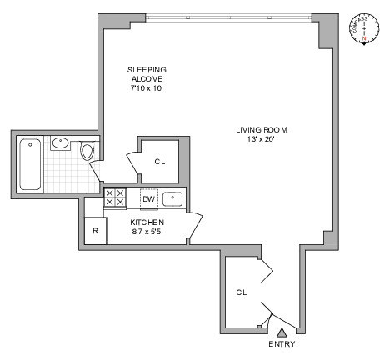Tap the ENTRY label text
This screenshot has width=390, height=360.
pyautogui.click(x=281, y=344)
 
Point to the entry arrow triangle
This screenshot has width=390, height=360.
pyautogui.click(x=281, y=332)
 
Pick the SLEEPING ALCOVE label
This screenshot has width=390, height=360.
pyautogui.click(x=147, y=74)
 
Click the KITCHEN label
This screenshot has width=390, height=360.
pyautogui.click(x=147, y=222)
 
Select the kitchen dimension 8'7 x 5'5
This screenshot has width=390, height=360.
pyautogui.click(x=147, y=232)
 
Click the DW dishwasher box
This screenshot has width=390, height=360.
pyautogui.click(x=148, y=198)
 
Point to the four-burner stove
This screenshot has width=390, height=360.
pyautogui.click(x=115, y=198)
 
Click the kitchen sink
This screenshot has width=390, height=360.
pyautogui.click(x=173, y=198)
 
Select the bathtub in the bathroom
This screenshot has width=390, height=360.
pyautogui.click(x=30, y=164)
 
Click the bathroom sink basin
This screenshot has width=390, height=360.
pyautogui.click(x=61, y=142)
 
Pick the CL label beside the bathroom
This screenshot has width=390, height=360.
pyautogui.click(x=159, y=162)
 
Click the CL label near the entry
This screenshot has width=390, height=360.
pyautogui.click(x=241, y=292)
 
